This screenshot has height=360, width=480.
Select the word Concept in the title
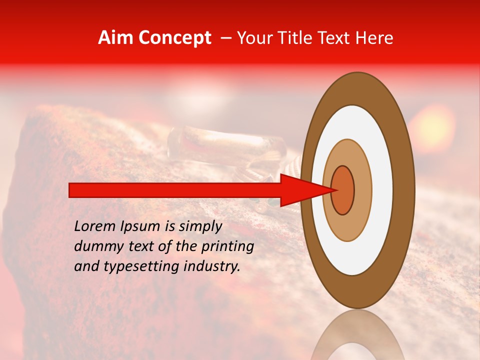pyautogui.click(x=174, y=38)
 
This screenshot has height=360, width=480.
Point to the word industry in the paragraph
pyautogui.click(x=212, y=266)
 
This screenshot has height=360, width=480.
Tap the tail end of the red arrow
pyautogui.click(x=72, y=190)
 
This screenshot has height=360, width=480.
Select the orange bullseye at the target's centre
pyautogui.click(x=342, y=190)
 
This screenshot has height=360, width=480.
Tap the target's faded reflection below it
pyautogui.click(x=357, y=337)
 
